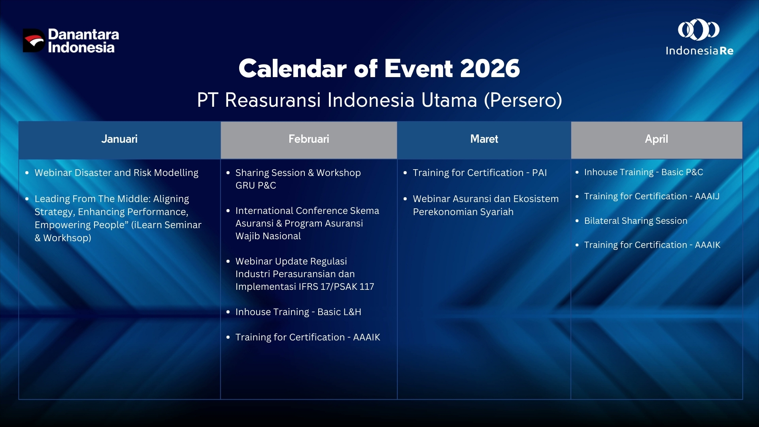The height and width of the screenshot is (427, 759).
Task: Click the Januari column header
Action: click(x=119, y=139)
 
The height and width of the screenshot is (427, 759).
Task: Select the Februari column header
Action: click(x=309, y=139)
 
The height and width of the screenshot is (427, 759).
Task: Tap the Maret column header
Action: click(x=484, y=139)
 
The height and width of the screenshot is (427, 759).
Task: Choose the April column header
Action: click(x=657, y=139)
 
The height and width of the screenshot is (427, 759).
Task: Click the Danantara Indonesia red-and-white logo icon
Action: click(x=34, y=40)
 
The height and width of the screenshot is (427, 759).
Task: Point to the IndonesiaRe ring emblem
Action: click(x=699, y=30)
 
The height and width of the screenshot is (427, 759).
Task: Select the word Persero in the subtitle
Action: click(x=523, y=100)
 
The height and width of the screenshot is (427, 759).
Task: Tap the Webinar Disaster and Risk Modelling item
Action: click(x=116, y=173)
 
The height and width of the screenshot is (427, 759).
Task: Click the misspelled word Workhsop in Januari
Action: click(x=67, y=238)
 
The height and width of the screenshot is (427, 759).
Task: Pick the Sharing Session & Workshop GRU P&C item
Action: click(x=298, y=179)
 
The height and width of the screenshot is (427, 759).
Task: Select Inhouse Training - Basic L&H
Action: click(x=298, y=312)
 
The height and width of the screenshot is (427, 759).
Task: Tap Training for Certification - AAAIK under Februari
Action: click(x=308, y=337)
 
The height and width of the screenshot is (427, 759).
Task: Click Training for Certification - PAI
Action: click(x=480, y=173)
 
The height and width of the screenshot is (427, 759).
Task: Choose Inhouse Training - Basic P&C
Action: click(x=644, y=172)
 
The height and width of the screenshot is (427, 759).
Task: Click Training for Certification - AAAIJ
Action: click(x=652, y=196)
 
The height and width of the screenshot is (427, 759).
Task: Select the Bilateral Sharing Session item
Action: click(x=636, y=221)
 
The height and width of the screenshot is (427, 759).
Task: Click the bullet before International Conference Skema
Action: click(x=228, y=211)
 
